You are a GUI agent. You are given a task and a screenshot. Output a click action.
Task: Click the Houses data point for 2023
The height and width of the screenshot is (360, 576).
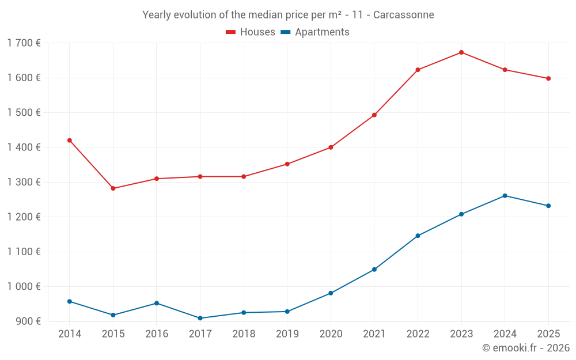[461, 52]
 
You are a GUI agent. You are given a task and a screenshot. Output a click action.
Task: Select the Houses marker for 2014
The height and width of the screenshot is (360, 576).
[70, 141]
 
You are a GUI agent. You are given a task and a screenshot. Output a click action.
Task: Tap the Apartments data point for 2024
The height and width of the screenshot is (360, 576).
[505, 196]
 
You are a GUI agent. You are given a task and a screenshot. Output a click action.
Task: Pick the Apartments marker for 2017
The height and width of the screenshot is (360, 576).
[200, 319]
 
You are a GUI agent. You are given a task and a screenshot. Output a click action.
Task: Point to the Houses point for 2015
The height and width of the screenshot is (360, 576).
[113, 188]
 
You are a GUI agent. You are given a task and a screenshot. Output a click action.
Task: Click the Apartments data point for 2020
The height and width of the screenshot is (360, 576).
[331, 293]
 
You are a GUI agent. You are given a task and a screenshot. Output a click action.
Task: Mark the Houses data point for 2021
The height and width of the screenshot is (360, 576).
[374, 115]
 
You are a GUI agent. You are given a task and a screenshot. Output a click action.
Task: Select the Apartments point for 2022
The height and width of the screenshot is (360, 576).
[418, 236]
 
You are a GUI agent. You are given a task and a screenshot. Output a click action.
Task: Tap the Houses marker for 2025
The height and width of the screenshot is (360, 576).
[548, 78]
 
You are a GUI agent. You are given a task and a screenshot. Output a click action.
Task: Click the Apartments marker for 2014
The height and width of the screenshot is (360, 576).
[70, 301]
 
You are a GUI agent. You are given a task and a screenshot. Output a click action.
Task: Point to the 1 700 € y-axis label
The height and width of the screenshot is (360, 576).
[24, 43]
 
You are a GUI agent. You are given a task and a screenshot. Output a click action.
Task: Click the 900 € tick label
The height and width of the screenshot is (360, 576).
[28, 321]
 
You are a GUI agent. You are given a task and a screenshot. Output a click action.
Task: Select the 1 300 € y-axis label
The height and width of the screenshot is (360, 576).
[24, 182]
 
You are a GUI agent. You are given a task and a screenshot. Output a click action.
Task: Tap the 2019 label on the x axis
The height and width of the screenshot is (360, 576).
[287, 334]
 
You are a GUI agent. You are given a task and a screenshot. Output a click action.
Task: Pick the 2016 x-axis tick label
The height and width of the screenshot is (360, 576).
[157, 334]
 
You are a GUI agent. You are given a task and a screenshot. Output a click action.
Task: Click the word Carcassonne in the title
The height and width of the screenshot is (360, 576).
[403, 15]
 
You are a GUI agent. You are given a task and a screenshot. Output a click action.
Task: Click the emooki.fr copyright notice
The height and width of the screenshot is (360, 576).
[525, 348]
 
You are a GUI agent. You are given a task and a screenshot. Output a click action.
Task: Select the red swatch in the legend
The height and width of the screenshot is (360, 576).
[231, 32]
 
